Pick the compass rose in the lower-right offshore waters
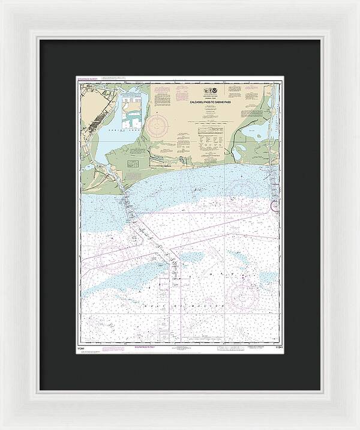243,292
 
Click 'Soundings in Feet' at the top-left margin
87,79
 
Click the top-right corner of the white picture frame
354,6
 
